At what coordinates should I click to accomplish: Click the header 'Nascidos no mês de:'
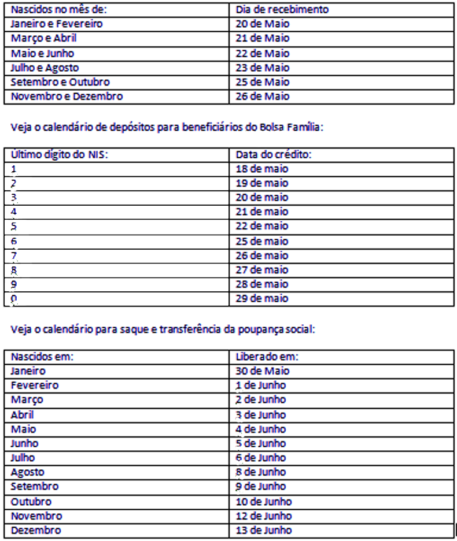point(53,10)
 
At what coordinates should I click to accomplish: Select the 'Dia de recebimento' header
point(282,10)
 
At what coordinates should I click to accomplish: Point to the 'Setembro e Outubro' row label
point(60,82)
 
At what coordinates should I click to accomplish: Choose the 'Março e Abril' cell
point(43,39)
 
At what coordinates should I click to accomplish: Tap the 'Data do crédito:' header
point(274,154)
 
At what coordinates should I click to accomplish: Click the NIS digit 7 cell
point(14,255)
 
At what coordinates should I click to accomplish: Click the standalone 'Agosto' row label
point(27,472)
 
